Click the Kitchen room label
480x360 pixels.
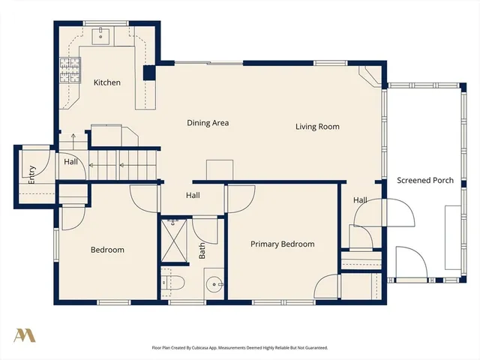point(106,82)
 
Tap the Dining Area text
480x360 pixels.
point(208,123)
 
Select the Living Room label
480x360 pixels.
point(317,127)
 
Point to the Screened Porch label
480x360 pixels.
point(424,181)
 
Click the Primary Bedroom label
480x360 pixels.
point(282,244)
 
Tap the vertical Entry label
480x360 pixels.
point(31,175)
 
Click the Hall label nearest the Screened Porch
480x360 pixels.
point(360,200)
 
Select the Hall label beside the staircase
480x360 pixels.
point(70,161)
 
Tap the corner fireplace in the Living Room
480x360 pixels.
point(370,74)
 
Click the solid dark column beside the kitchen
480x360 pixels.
point(148,73)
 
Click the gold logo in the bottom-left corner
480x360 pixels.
point(25,334)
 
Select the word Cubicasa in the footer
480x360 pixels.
point(215,348)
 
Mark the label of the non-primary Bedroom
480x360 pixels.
point(107,250)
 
